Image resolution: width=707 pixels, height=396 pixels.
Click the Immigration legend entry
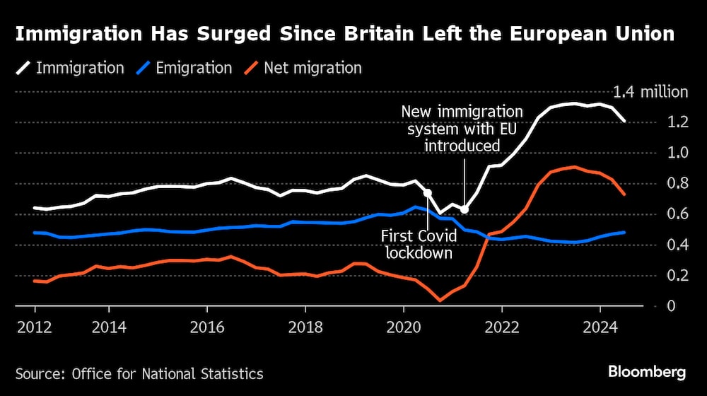tap(70, 69)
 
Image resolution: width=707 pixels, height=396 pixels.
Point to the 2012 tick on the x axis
tap(35, 329)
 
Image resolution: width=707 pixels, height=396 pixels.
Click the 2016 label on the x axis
tap(207, 329)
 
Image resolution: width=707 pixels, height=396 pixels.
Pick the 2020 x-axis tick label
tap(403, 329)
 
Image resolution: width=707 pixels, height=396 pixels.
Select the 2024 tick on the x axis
tap(600, 329)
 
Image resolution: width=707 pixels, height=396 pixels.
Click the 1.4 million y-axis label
tap(650, 92)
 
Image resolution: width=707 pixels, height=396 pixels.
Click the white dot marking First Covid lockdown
tap(427, 192)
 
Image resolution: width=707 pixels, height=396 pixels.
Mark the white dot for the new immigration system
tap(464, 209)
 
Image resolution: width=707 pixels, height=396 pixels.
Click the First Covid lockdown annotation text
tap(416, 244)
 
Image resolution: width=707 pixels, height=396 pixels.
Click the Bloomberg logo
tap(646, 372)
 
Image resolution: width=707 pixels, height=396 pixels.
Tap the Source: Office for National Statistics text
tap(139, 373)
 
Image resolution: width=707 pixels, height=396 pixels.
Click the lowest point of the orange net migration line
tap(440, 301)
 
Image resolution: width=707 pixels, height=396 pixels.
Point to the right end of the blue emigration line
tap(624, 232)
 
